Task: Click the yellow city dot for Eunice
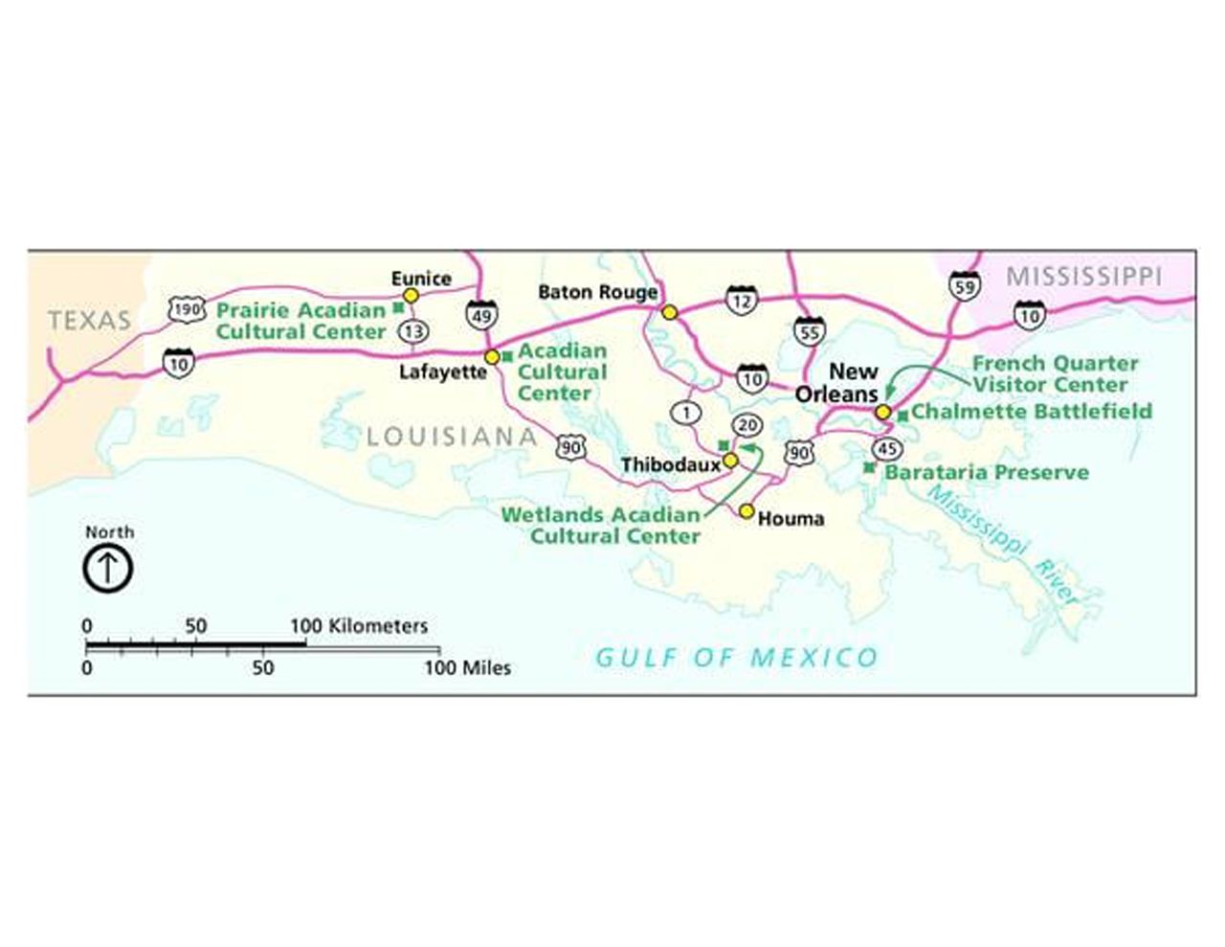coord(411,296)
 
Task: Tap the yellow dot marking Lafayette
coord(492,356)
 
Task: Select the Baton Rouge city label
coord(598,291)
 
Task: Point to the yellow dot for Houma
coord(746,510)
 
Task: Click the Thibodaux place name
coord(670,465)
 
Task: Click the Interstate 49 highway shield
coord(481,314)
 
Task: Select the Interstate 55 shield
coord(809,331)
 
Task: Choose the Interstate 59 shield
coord(965,285)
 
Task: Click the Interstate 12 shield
coord(741,300)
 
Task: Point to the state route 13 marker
coord(413,331)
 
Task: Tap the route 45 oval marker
coord(887,449)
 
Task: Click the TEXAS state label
coord(89,321)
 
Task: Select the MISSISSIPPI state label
coord(1083,277)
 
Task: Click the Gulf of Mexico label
coord(736,658)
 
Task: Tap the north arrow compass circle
coord(108,568)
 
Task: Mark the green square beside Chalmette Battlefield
coord(902,416)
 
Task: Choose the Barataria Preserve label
coord(987,472)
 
